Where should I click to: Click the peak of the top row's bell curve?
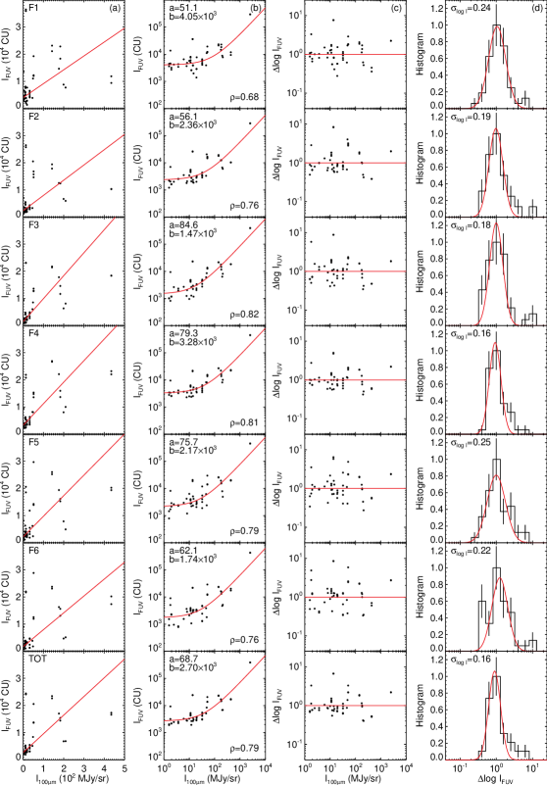(496, 26)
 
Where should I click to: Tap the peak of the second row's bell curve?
(495, 128)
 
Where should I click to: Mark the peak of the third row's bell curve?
(496, 223)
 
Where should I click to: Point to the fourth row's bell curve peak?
(494, 342)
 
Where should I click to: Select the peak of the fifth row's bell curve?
(495, 475)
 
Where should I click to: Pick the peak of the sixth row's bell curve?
(500, 577)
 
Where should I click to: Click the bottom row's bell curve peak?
(494, 670)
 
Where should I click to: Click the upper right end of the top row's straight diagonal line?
(124, 28)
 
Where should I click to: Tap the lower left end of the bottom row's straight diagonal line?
(25, 751)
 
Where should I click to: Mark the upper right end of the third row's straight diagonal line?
(116, 219)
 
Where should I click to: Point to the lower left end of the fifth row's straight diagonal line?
(25, 536)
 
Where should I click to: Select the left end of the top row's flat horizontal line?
(306, 55)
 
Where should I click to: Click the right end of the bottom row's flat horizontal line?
(405, 706)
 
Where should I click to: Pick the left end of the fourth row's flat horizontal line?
(306, 380)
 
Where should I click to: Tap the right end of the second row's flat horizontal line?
(405, 163)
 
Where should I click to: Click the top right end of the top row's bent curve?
(265, 9)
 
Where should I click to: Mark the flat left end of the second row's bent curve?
(165, 179)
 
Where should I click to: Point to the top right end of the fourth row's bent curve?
(265, 329)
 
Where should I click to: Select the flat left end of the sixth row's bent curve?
(165, 617)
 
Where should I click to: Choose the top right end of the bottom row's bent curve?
(265, 657)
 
